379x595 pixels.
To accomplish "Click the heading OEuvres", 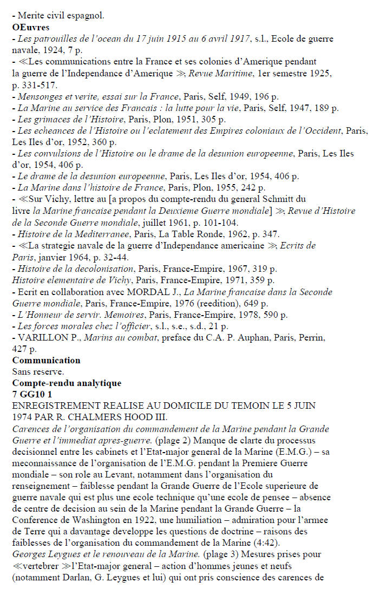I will coord(31,27).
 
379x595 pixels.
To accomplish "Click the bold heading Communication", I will coord(46,360).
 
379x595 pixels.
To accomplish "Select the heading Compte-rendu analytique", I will coord(67,383).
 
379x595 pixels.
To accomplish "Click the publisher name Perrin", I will coord(310,337).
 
